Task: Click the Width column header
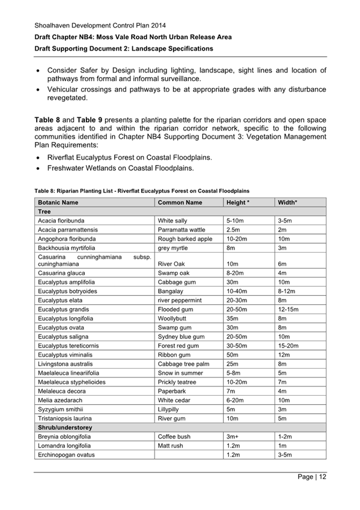click(x=288, y=203)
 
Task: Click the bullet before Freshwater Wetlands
click(x=40, y=168)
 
